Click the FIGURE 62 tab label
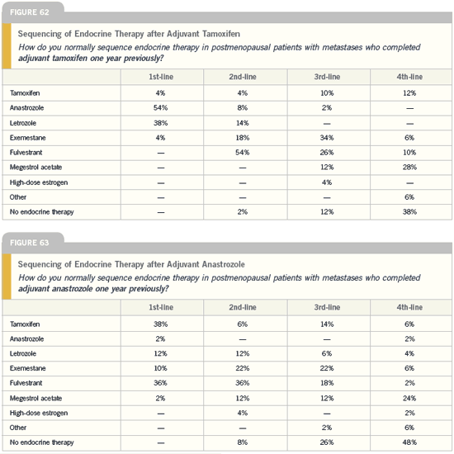point(30,12)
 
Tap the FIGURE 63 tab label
point(30,243)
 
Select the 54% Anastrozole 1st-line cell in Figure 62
point(161,107)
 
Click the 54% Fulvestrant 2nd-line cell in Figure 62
point(243,153)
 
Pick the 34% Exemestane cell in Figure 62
point(327,138)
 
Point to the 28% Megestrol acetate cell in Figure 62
point(409,167)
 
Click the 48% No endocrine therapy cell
point(409,442)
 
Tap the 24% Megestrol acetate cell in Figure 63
point(409,398)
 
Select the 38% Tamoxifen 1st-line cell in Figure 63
point(161,324)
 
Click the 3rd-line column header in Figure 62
point(327,77)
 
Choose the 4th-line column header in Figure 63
point(409,307)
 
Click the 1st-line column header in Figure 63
point(161,307)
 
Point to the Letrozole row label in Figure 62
point(23,123)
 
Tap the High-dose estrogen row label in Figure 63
point(39,413)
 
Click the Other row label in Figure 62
point(18,197)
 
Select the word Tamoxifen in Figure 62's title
point(221,34)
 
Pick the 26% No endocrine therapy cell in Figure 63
point(327,442)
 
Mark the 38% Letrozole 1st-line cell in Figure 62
point(161,123)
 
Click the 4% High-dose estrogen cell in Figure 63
point(243,413)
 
